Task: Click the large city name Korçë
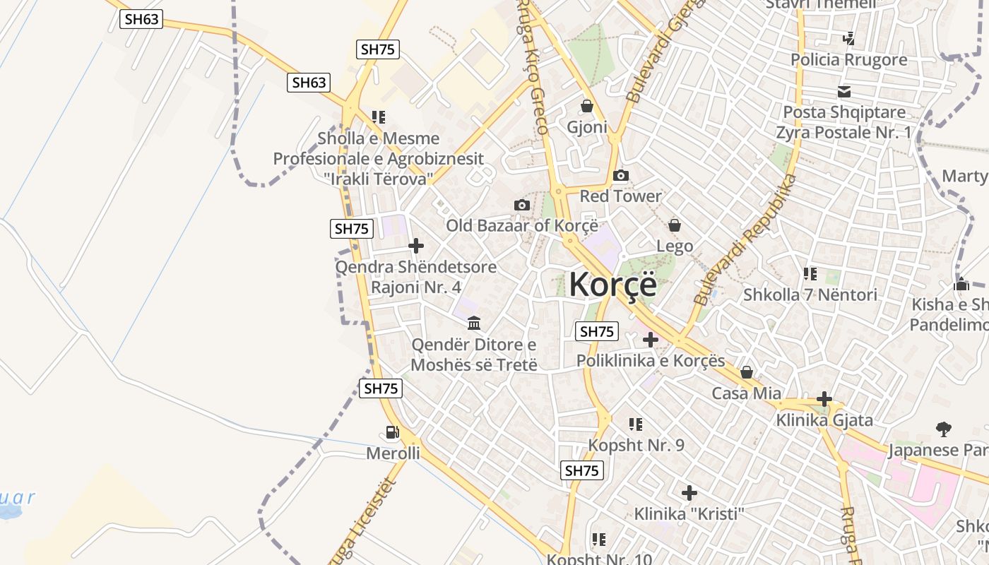(612, 284)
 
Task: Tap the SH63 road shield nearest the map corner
(141, 19)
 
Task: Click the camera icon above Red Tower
(620, 175)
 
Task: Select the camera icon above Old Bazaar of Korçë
(522, 205)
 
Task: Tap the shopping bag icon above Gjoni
(586, 106)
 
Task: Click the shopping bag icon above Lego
(675, 225)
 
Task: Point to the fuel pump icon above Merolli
(392, 432)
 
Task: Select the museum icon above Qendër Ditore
(474, 323)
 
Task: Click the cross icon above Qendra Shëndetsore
(416, 246)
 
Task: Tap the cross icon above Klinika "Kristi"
(689, 492)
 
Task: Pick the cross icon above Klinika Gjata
(824, 399)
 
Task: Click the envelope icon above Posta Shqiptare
(843, 91)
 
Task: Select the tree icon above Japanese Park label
(943, 429)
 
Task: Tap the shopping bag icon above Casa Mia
(747, 372)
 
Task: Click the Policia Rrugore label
(849, 59)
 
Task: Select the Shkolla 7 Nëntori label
(810, 295)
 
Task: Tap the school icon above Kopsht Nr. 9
(636, 424)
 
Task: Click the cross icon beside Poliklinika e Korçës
(650, 340)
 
